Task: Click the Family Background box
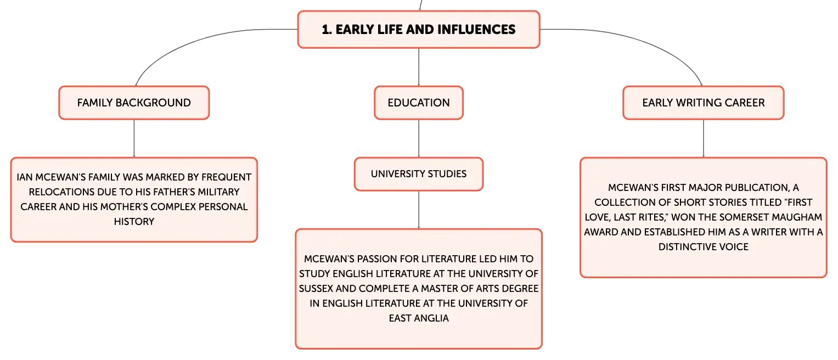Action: tap(134, 103)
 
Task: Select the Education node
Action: tap(419, 103)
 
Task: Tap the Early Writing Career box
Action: tap(704, 103)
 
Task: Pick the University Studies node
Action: tap(419, 174)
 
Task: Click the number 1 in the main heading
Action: tap(325, 30)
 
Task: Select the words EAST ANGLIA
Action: tap(419, 318)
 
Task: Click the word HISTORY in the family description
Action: tap(134, 222)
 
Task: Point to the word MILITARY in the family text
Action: tap(218, 192)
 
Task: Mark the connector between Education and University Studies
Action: tap(419, 138)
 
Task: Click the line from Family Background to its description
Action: tap(134, 138)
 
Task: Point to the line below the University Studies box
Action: tap(419, 210)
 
